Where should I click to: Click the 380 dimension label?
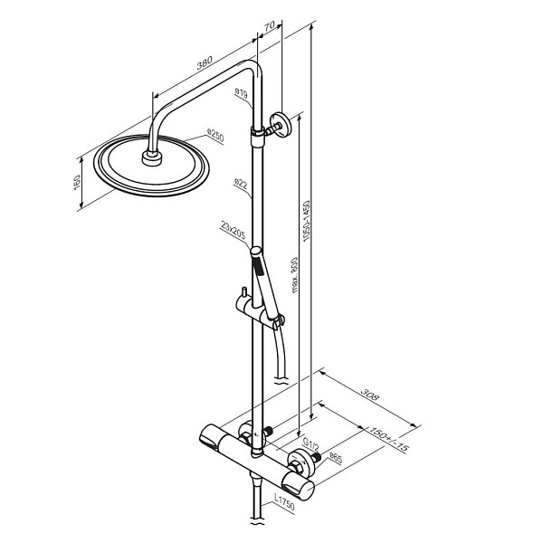click(x=205, y=62)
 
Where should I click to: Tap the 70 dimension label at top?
click(x=269, y=25)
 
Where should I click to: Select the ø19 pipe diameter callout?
click(x=241, y=93)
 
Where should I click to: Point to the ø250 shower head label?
click(x=215, y=135)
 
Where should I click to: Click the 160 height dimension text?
click(x=77, y=183)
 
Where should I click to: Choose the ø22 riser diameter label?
click(x=241, y=184)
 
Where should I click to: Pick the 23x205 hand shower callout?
click(x=233, y=231)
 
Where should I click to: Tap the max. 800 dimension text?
click(x=294, y=275)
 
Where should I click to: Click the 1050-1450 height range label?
click(x=307, y=220)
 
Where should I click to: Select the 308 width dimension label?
click(x=370, y=395)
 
